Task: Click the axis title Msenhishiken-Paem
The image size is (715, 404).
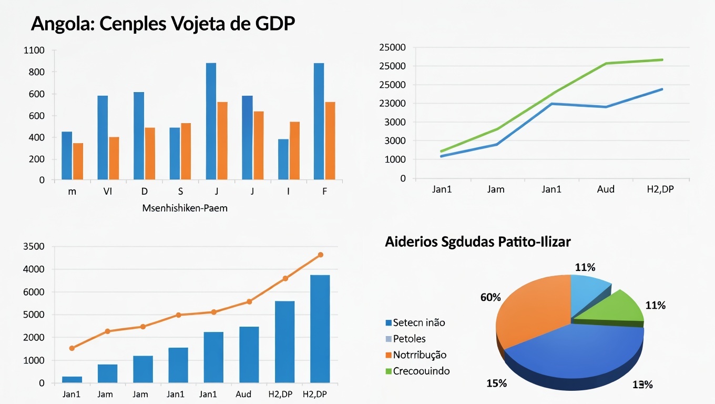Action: pos(185,208)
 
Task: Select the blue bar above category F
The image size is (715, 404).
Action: pos(319,121)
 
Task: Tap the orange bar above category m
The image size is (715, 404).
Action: pos(78,161)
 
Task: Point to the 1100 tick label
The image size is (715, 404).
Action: pos(34,50)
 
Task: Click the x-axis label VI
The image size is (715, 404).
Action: pos(108,191)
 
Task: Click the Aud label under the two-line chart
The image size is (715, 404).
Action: pos(606,189)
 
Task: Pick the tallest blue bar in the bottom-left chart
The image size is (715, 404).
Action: pos(320,328)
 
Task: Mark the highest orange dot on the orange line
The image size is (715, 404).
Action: pos(320,255)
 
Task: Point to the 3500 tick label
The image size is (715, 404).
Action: pos(34,247)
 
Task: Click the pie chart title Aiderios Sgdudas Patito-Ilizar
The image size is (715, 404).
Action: pos(477,242)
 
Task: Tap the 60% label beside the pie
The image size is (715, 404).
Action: pos(490,298)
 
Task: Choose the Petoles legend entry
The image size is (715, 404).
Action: pos(408,339)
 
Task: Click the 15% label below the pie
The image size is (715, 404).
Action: pos(496,383)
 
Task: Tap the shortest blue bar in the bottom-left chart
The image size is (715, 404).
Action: pos(72,379)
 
